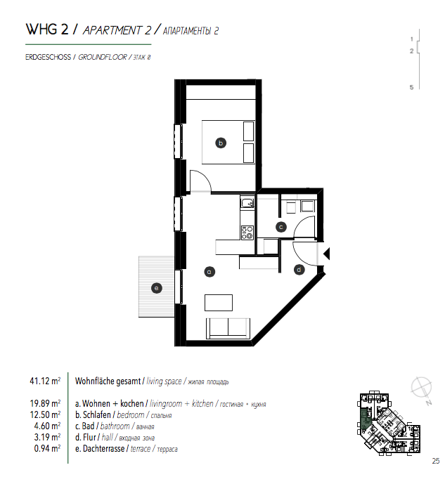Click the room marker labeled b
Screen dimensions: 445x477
point(221,143)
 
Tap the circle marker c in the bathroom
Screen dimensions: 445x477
point(281,227)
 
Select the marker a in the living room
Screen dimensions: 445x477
point(209,272)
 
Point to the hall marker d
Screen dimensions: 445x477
point(299,270)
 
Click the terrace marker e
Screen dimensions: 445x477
point(157,288)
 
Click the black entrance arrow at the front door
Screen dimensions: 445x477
point(326,254)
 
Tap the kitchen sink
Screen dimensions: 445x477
point(247,202)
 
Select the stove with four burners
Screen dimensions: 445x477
point(247,233)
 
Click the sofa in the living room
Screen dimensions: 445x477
point(228,329)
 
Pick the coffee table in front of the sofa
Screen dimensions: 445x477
point(219,303)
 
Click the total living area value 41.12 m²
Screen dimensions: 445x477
point(45,381)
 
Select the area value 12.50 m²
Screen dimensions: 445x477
point(45,414)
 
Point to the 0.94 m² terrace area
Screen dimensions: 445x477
point(47,448)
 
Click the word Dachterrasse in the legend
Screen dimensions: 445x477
point(103,449)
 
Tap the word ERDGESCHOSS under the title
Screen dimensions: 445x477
point(48,57)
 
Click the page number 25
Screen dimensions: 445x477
point(436,461)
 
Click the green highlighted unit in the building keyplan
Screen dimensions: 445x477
point(366,419)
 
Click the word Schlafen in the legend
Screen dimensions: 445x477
point(97,414)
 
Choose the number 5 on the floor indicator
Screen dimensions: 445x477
point(411,87)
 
